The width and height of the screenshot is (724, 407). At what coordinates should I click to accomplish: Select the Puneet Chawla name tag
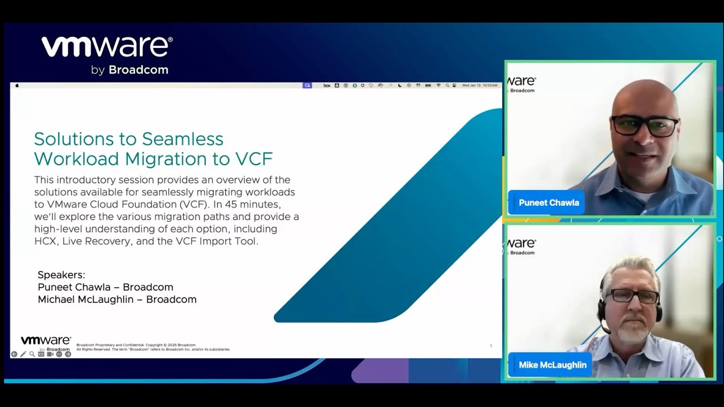click(548, 202)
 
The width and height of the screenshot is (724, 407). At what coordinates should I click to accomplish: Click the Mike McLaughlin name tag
click(552, 365)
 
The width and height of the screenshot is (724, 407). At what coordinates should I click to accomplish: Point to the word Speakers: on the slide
click(61, 275)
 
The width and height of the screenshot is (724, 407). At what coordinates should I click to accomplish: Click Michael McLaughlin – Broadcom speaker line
click(117, 300)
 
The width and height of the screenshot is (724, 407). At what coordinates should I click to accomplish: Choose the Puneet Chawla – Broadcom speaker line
click(105, 287)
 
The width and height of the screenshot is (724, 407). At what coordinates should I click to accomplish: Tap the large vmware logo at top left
click(107, 47)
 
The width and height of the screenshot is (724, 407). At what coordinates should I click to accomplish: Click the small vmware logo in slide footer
click(45, 341)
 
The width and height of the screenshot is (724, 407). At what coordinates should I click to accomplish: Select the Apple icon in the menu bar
click(17, 85)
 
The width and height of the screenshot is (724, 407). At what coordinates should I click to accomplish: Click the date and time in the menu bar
click(480, 85)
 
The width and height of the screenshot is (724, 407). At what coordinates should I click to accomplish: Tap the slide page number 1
click(490, 346)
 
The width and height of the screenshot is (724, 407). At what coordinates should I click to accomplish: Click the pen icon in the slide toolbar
click(23, 354)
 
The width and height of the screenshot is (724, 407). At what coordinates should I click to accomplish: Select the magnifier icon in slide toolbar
click(32, 354)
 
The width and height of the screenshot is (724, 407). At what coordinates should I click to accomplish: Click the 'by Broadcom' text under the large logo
click(130, 70)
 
